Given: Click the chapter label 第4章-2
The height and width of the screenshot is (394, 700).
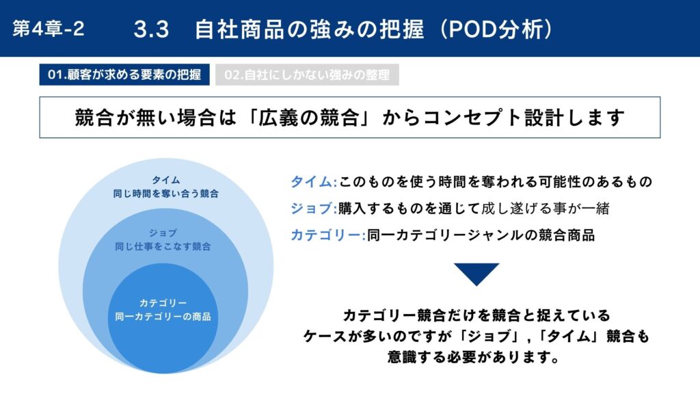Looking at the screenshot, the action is point(49,29).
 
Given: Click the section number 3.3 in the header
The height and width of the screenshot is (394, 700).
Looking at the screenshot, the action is point(151,29).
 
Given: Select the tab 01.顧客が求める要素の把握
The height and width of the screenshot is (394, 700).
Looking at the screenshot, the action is point(124,75).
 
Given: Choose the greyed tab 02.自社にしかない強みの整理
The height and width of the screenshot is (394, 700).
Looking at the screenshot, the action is point(307,75).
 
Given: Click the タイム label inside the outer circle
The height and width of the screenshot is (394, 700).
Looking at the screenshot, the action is point(166,180).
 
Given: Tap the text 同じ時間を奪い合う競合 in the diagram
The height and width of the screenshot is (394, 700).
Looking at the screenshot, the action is point(166,194).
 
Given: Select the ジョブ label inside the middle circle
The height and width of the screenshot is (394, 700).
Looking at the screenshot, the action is point(163,233).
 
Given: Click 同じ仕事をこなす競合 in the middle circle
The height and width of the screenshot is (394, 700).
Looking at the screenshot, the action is point(163,246).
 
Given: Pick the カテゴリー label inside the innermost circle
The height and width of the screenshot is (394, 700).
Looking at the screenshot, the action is point(163,303).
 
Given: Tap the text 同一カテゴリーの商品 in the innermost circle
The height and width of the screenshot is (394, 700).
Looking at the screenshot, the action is point(163,317).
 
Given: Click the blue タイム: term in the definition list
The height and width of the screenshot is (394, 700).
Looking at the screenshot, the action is point(314,182).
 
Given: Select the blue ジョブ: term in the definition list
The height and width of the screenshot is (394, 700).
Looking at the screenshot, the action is point(314,208).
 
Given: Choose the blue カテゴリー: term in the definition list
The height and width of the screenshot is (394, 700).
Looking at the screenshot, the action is point(328,235).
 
